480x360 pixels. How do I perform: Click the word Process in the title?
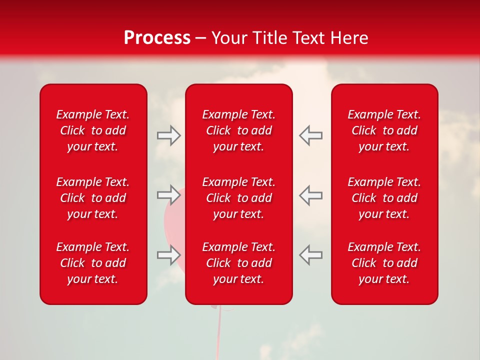157,38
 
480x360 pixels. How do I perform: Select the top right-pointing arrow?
169,135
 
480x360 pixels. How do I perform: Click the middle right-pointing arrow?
169,194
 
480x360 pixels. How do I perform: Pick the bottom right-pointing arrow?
169,254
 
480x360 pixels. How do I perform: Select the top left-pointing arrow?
310,135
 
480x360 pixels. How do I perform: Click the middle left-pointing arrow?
310,194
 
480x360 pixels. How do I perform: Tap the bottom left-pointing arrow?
310,254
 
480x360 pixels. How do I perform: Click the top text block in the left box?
93,130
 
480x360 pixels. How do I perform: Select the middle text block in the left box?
93,198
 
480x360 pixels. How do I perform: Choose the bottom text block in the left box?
93,263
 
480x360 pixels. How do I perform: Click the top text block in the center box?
238,130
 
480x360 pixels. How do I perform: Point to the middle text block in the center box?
238,198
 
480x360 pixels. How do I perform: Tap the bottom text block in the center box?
238,263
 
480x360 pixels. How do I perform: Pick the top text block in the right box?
384,130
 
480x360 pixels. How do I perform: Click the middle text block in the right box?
384,198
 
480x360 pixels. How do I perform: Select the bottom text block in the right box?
384,263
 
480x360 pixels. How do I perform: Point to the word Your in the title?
229,38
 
